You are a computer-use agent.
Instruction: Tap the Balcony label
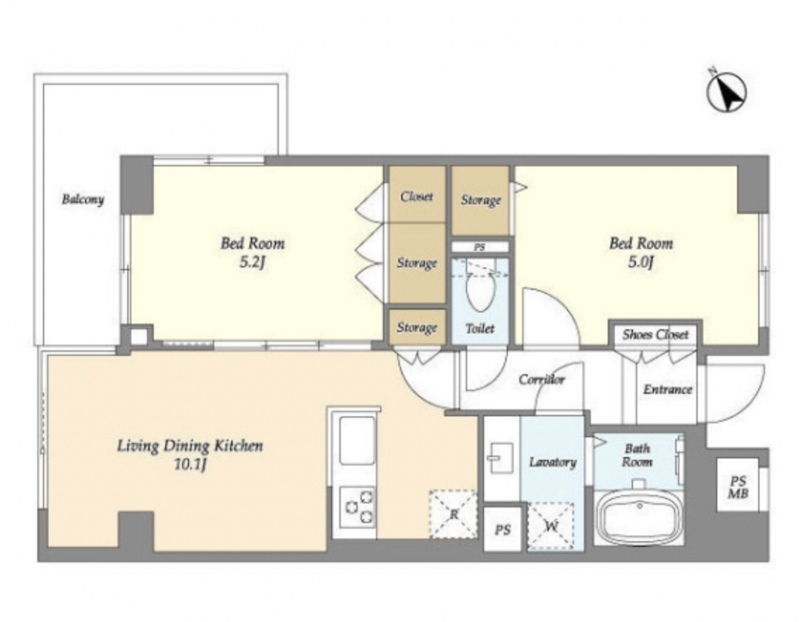pyautogui.click(x=83, y=199)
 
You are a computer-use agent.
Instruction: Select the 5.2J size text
pyautogui.click(x=252, y=263)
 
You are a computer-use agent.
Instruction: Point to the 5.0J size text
pyautogui.click(x=641, y=263)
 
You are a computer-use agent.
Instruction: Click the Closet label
pyautogui.click(x=417, y=196)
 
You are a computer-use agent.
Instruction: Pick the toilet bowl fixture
pyautogui.click(x=480, y=291)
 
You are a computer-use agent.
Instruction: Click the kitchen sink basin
pyautogui.click(x=357, y=440)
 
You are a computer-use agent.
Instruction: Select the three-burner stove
pyautogui.click(x=357, y=506)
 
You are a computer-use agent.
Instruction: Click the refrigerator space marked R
pyautogui.click(x=453, y=514)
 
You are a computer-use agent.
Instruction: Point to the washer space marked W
pyautogui.click(x=551, y=527)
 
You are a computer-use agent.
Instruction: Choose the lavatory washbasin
pyautogui.click(x=500, y=457)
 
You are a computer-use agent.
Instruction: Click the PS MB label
pyautogui.click(x=738, y=487)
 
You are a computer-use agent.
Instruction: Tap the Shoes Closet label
pyautogui.click(x=655, y=335)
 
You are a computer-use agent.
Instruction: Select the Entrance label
pyautogui.click(x=667, y=389)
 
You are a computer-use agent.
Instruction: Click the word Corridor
pyautogui.click(x=542, y=380)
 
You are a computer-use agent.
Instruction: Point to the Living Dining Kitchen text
pyautogui.click(x=190, y=445)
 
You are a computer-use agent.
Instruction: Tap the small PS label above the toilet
pyautogui.click(x=480, y=248)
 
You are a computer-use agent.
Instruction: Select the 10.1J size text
pyautogui.click(x=190, y=465)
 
